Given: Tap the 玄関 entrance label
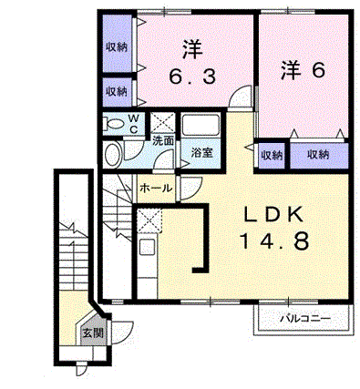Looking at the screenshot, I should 93,334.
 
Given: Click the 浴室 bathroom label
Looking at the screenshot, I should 201,152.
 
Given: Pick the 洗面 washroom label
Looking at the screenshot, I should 164,141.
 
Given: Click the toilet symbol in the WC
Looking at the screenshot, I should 116,123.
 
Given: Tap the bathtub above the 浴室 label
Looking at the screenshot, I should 201,126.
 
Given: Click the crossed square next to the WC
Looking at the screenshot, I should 163,123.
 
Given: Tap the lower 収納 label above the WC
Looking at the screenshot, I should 116,91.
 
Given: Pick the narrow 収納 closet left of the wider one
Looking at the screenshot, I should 272,155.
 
